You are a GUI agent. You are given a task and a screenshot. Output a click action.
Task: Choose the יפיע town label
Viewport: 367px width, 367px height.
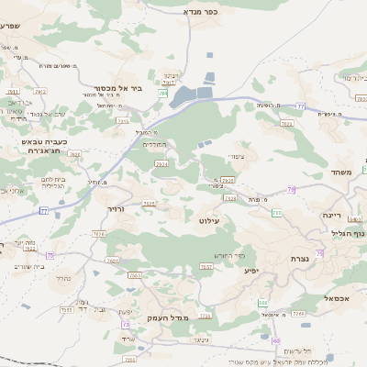click(x=250, y=271)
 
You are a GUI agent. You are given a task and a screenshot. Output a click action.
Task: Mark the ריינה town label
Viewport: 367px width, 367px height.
click(x=331, y=215)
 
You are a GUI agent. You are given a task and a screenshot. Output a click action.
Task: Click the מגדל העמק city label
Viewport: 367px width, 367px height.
click(x=166, y=317)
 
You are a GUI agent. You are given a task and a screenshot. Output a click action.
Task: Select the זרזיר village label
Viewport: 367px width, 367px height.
click(x=115, y=209)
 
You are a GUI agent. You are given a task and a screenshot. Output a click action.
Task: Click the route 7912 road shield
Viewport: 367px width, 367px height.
click(x=13, y=93)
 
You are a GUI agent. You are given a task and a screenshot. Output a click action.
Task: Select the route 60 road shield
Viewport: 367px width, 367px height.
click(x=262, y=302)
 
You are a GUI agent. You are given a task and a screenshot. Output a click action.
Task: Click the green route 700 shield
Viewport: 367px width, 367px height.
click(x=276, y=213)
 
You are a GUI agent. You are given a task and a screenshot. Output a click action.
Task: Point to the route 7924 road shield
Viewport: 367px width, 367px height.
click(x=162, y=163)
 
